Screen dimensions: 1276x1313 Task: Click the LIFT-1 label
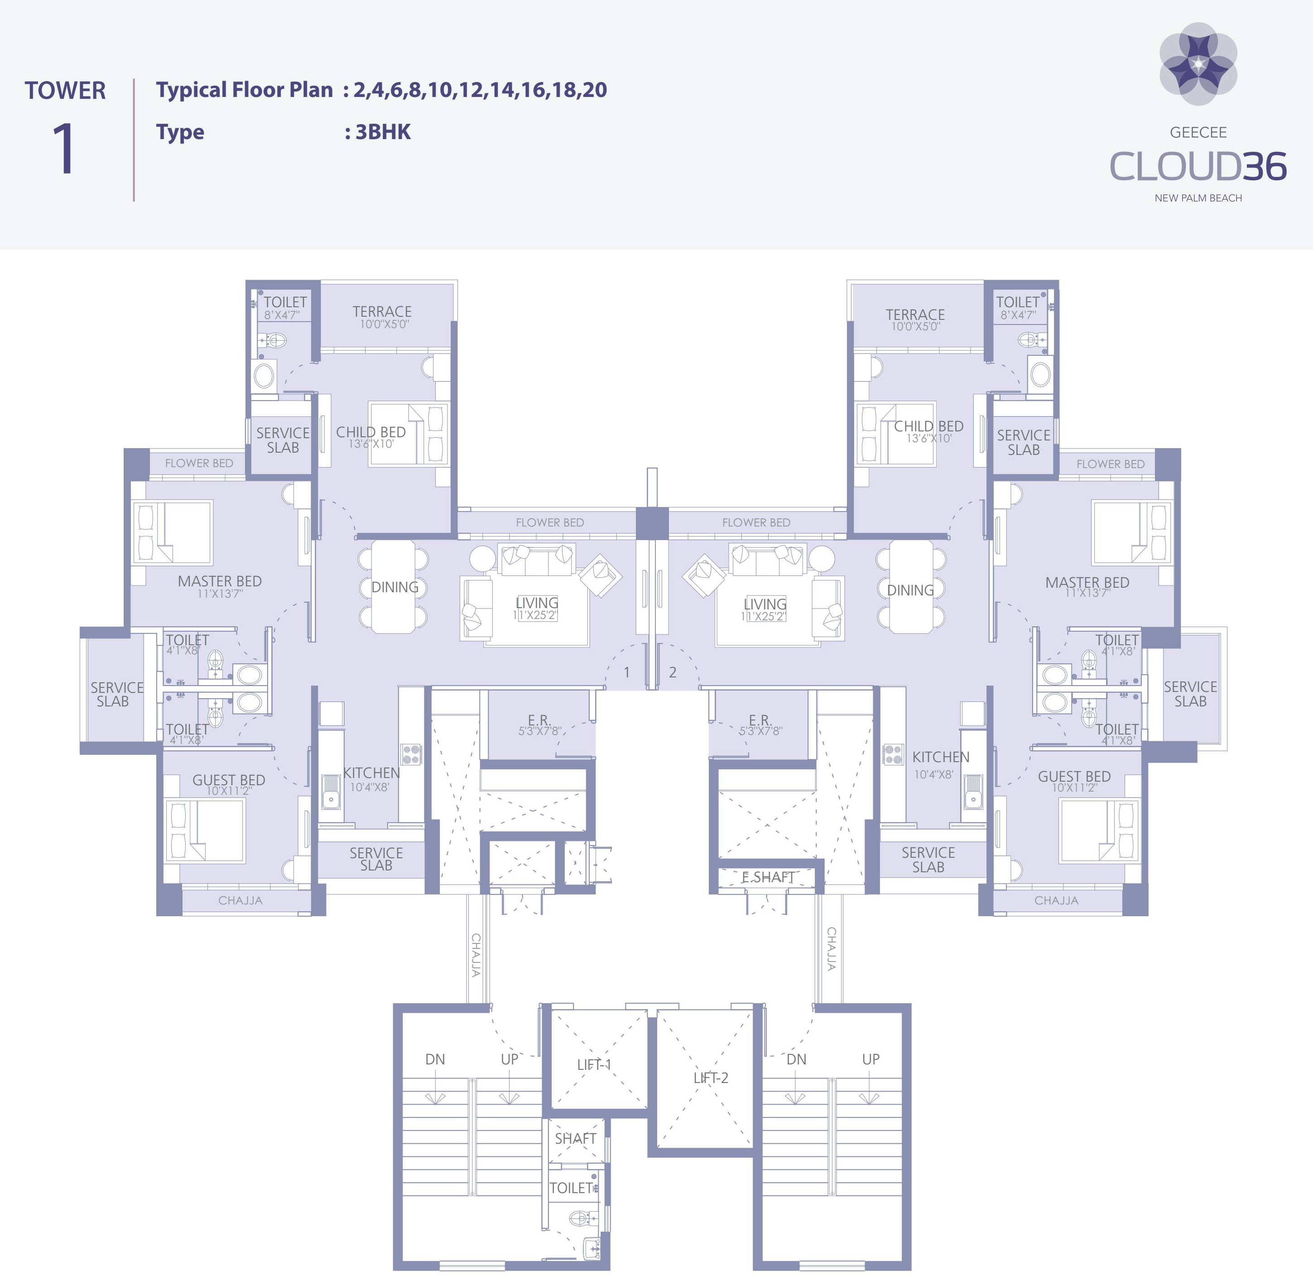pos(593,1064)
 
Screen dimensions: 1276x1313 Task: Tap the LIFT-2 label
pos(710,1078)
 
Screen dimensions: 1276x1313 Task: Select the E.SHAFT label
pos(768,877)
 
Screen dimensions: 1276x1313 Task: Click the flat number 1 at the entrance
pos(626,672)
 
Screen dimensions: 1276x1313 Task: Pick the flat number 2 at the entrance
pos(673,672)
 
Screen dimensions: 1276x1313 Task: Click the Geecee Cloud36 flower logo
pos(1198,64)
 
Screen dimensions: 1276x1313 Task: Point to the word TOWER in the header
pos(65,91)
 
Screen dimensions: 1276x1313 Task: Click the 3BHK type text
pos(383,132)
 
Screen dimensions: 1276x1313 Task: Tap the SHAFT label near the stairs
pos(575,1139)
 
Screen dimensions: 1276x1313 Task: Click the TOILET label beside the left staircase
pos(571,1188)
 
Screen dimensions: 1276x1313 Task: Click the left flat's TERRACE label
pos(382,312)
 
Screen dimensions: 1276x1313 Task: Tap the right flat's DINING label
pos(910,590)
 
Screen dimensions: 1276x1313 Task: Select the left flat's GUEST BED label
pos(228,780)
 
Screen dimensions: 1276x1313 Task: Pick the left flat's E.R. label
pos(539,721)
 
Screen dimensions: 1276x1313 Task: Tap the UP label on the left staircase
pos(509,1059)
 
